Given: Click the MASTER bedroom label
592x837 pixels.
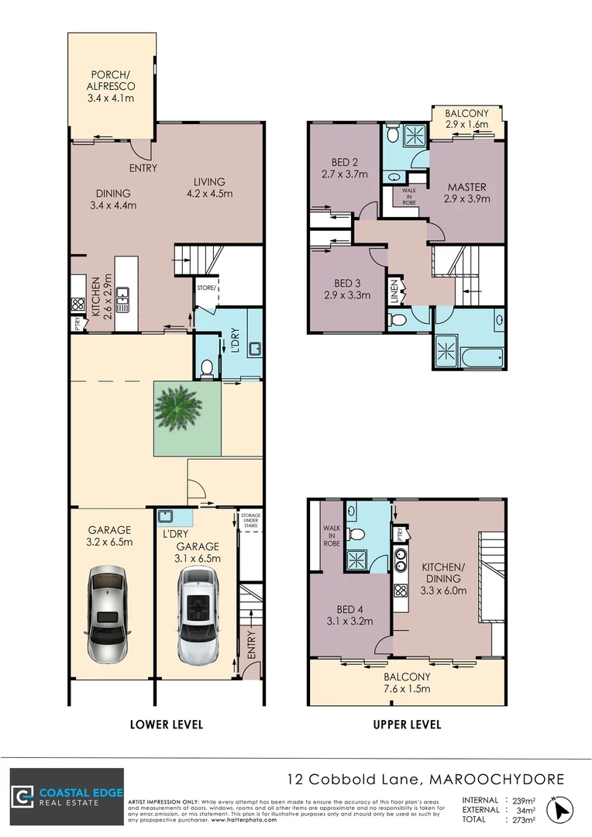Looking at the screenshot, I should click(466, 193).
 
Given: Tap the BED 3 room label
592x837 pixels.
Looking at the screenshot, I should click(346, 288).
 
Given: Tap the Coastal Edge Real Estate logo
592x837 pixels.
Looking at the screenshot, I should click(67, 797).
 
